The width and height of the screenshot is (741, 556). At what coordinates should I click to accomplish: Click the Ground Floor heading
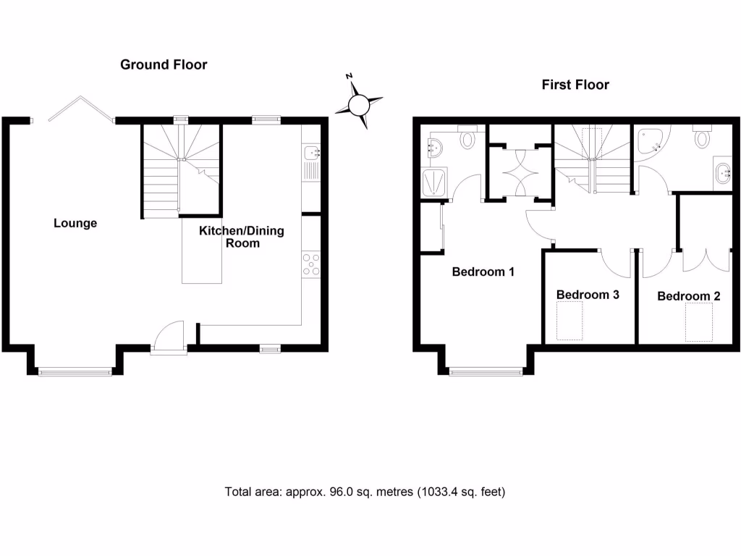[x=164, y=65]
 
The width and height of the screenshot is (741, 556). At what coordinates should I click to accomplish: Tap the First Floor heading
[x=575, y=85]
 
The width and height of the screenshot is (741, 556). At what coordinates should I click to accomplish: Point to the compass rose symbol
[x=359, y=104]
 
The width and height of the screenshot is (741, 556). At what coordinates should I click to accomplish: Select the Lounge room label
[x=75, y=223]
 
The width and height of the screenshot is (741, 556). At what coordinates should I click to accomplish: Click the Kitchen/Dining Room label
[x=242, y=237]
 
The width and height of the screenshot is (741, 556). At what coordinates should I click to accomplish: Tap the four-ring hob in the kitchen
[x=312, y=264]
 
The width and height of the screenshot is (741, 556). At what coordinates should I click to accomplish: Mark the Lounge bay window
[x=75, y=372]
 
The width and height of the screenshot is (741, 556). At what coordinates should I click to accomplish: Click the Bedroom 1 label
[x=483, y=272]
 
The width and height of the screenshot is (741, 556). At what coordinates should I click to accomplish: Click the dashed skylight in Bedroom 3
[x=569, y=321]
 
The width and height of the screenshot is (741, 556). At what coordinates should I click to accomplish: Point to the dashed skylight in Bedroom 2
[x=699, y=322]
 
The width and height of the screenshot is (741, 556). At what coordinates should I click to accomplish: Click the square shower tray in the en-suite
[x=434, y=182]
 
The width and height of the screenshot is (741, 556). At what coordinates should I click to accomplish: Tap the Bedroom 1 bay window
[x=486, y=372]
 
